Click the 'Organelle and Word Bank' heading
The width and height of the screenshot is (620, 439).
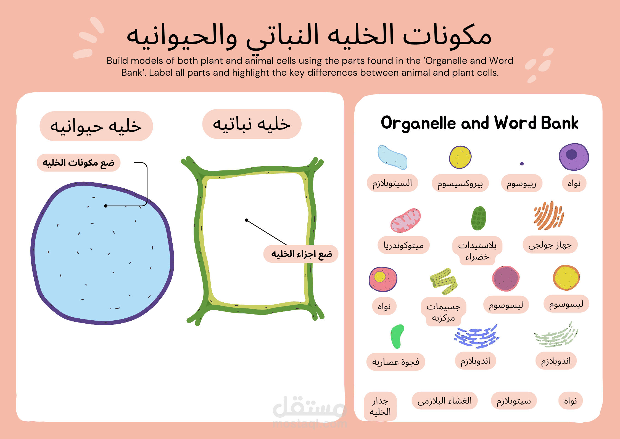(x=479, y=123)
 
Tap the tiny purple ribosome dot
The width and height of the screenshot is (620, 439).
(x=522, y=164)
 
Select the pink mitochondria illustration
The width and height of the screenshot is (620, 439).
(x=405, y=220)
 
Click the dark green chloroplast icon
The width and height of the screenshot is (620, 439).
(x=479, y=218)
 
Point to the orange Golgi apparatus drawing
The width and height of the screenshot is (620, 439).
(x=548, y=215)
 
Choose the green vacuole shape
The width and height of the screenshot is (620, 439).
(x=397, y=336)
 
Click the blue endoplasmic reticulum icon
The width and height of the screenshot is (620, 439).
(x=477, y=336)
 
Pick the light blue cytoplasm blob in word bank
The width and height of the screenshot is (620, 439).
(x=392, y=157)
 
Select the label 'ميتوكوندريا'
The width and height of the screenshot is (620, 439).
(x=403, y=245)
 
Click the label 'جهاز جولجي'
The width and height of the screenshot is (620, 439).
(x=550, y=245)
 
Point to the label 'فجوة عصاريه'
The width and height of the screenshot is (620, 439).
(x=395, y=362)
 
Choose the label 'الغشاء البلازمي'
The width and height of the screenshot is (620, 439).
(x=444, y=401)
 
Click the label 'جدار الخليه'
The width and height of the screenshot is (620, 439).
(x=380, y=406)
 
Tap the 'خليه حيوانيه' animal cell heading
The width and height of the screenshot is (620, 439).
(x=96, y=126)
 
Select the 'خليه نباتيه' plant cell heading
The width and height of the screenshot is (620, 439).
(x=252, y=124)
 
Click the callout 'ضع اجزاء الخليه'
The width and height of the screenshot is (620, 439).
(x=301, y=254)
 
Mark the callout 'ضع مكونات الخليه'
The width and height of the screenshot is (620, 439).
(x=78, y=163)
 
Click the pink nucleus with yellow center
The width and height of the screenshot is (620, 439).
(x=383, y=279)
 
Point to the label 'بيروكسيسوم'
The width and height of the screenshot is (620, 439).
(x=460, y=183)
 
